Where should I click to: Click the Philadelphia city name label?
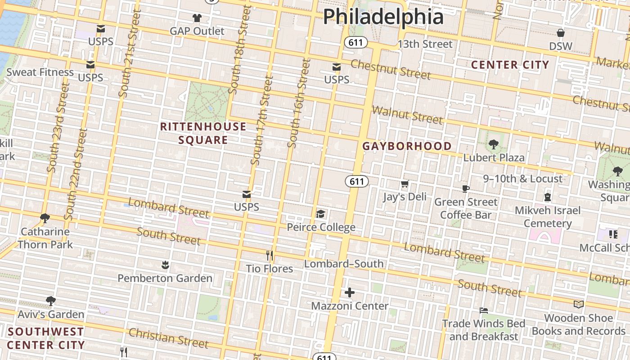(x=383, y=17)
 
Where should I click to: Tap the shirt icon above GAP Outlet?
(x=197, y=18)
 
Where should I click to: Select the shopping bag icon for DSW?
(x=560, y=33)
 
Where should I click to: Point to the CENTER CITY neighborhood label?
(x=510, y=65)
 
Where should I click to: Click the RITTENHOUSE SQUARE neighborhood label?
(x=203, y=133)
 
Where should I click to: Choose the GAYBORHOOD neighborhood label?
(x=407, y=146)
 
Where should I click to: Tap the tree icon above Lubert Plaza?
(x=493, y=144)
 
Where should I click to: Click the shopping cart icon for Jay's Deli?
(x=405, y=184)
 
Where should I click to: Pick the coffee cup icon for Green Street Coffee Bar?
(x=465, y=189)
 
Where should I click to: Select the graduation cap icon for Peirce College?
(x=320, y=214)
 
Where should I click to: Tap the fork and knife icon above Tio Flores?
(x=270, y=256)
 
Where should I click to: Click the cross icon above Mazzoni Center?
(x=350, y=293)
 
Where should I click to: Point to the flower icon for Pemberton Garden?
(x=165, y=265)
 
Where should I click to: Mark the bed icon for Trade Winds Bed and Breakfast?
(x=483, y=310)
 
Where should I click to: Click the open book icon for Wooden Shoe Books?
(x=579, y=305)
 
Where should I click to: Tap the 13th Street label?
(x=425, y=44)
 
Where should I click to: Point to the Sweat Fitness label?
(x=40, y=72)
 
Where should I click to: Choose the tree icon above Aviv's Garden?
(x=51, y=301)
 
